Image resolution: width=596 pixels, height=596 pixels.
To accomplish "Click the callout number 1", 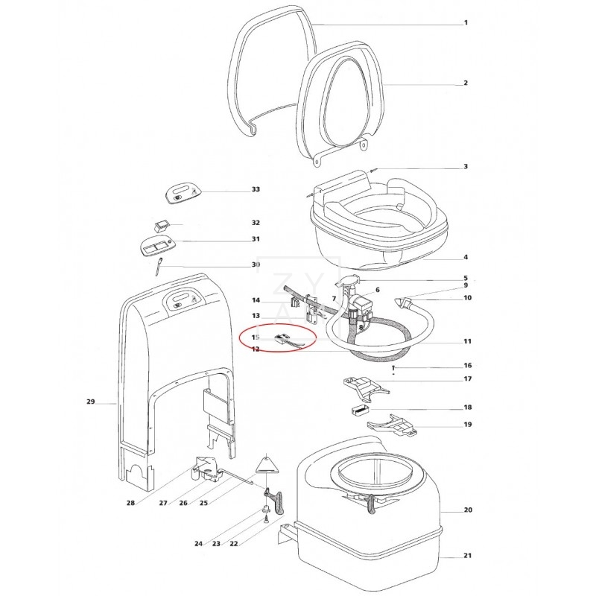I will coord(466,22).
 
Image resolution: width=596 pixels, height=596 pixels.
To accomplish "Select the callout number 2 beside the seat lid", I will coord(466,83).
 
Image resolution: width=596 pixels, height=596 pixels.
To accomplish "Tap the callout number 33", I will coord(256,190).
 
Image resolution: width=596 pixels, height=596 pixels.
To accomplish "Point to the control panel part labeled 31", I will coord(159,246).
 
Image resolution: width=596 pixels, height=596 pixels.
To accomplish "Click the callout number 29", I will coord(91,402).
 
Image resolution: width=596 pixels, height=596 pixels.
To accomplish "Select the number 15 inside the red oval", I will coord(256,337).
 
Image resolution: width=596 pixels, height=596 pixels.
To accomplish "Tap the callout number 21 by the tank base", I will coord(467,557).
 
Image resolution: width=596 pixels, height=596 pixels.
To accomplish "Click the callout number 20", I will coord(467,510).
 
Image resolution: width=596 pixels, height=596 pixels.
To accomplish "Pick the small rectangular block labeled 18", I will coord(358,409).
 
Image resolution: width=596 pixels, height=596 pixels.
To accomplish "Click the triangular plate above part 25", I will coord(267,464).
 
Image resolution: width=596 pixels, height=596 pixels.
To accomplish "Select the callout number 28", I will coord(131,503).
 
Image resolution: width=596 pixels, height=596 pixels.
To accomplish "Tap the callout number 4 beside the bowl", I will coord(466,258).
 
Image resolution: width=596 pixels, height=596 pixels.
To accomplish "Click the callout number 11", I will coord(467,341).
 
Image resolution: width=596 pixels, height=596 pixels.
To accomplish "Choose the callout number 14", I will coord(256,301).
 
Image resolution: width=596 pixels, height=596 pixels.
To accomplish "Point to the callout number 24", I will coord(199,544).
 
